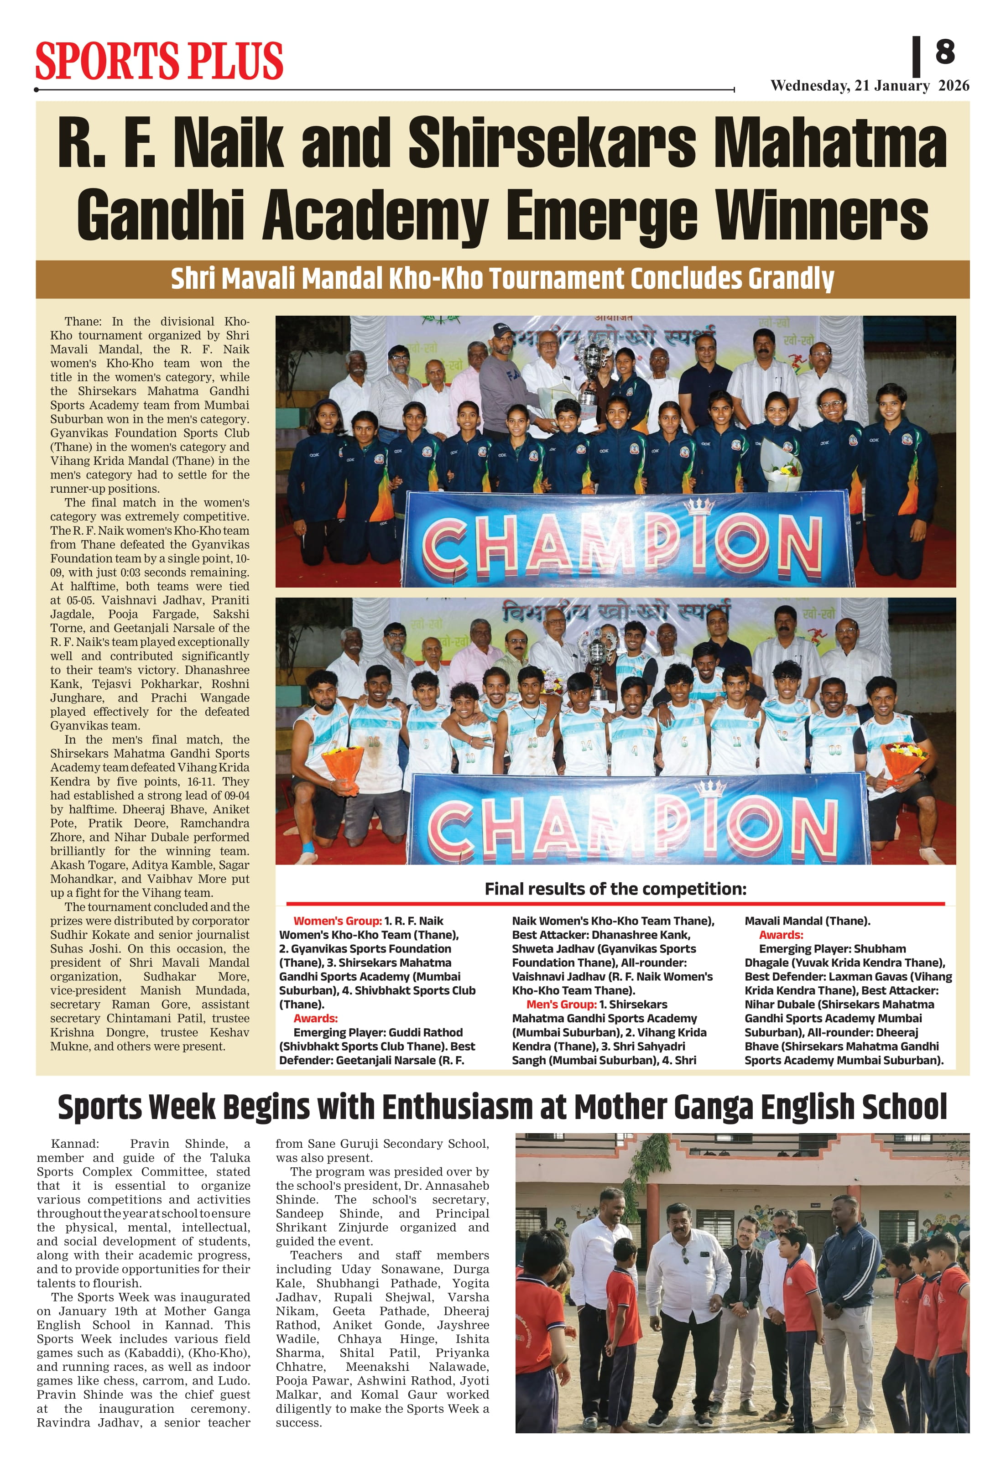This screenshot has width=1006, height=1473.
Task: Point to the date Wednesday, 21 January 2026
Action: [x=869, y=86]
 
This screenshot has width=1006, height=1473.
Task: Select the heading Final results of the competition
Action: [x=615, y=889]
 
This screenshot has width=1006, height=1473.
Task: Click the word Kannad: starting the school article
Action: [x=75, y=1144]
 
